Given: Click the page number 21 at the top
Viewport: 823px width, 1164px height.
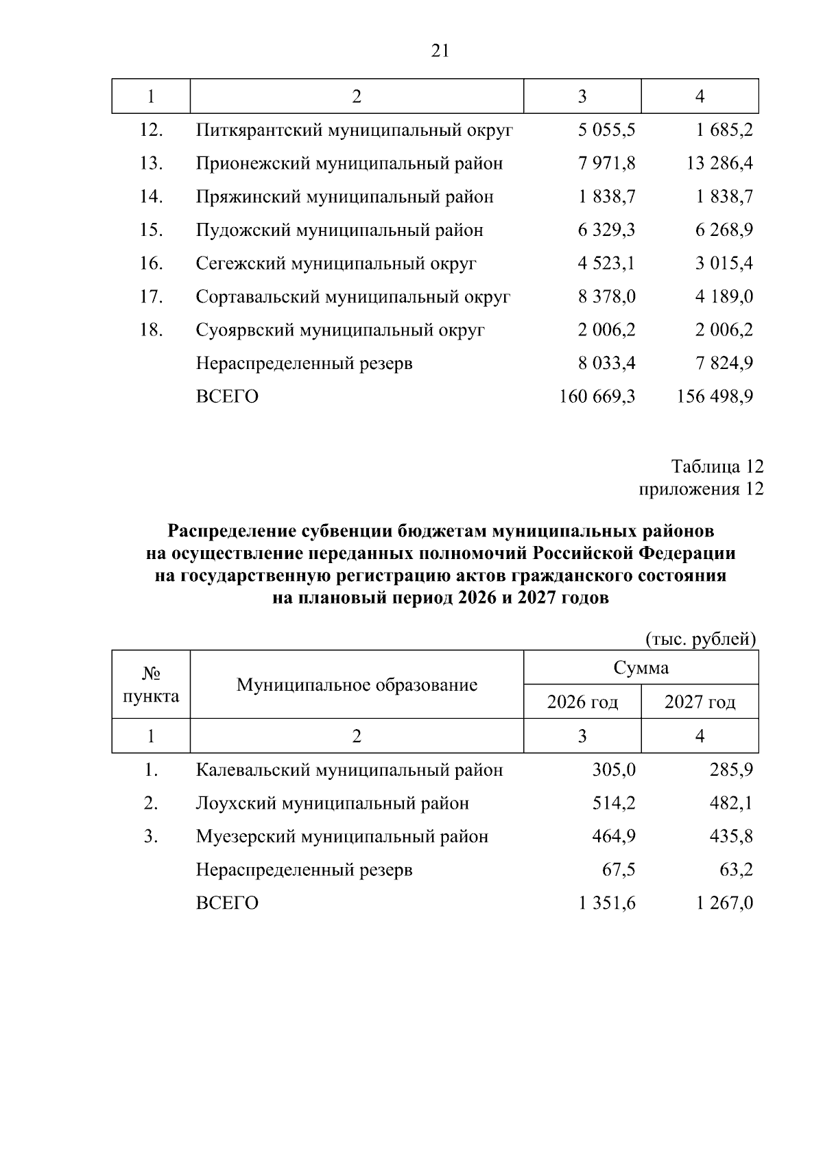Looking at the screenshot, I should (x=440, y=51).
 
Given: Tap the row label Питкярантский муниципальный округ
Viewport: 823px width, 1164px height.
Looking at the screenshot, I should (x=354, y=130).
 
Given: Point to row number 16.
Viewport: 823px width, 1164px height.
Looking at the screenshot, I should (x=151, y=263).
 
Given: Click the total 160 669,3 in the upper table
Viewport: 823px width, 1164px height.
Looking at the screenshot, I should (x=597, y=396).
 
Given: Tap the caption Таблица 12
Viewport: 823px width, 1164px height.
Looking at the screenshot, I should (x=717, y=466).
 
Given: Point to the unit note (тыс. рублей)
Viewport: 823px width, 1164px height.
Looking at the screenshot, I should (x=702, y=639).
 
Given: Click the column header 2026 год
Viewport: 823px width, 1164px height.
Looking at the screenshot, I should (x=582, y=702).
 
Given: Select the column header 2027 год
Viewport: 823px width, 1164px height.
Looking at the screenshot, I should (x=700, y=702).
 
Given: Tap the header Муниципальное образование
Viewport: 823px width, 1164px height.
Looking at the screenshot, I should (x=357, y=685).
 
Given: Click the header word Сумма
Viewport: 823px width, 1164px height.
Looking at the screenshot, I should (x=641, y=667).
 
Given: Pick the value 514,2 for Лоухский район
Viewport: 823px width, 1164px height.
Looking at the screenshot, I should (x=614, y=803).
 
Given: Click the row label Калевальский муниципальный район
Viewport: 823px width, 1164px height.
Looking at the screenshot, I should (x=349, y=770).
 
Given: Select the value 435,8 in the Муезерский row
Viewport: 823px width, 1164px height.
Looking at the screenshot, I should (x=731, y=837).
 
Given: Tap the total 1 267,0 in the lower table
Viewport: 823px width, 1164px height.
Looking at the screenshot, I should (x=724, y=903).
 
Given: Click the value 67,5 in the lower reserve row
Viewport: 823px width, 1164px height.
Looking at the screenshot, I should (x=619, y=870).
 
